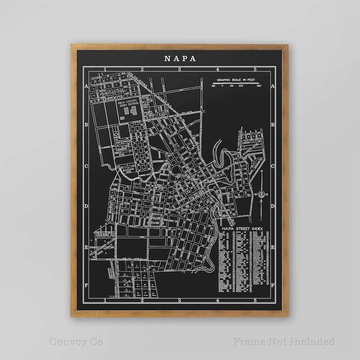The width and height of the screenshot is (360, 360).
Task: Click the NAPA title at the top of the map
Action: [x=180, y=58]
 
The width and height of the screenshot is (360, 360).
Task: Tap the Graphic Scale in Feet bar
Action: [x=235, y=84]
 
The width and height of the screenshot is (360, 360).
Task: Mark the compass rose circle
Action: [x=261, y=195]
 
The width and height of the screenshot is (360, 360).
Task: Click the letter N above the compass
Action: [x=261, y=172]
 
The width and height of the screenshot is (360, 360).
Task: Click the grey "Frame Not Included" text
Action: [x=284, y=341]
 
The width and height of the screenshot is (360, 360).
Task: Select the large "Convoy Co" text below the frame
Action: [x=76, y=341]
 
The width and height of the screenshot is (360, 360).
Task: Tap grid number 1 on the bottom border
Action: [x=105, y=301]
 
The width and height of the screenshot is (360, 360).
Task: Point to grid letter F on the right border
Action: [x=272, y=286]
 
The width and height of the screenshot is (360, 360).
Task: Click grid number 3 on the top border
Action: [x=180, y=69]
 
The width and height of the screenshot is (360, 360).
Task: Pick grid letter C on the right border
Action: [x=272, y=166]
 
